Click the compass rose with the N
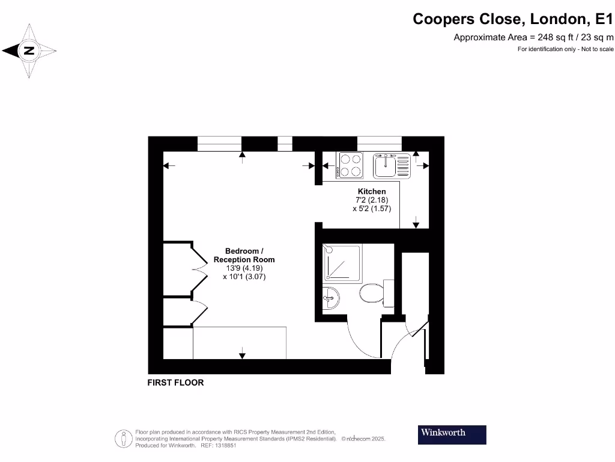pyautogui.click(x=28, y=51)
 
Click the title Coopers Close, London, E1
pyautogui.click(x=513, y=19)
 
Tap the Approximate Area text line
pyautogui.click(x=533, y=37)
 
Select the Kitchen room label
pyautogui.click(x=372, y=191)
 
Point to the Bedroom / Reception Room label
pyautogui.click(x=244, y=255)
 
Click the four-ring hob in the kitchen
pyautogui.click(x=350, y=165)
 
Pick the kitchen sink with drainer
pyautogui.click(x=391, y=165)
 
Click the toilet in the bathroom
pyautogui.click(x=372, y=294)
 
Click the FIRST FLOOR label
pyautogui.click(x=175, y=383)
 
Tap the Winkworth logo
pyautogui.click(x=452, y=434)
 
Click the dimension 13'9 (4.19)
pyautogui.click(x=244, y=268)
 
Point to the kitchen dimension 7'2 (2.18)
pyautogui.click(x=372, y=200)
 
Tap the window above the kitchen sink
pyautogui.click(x=379, y=143)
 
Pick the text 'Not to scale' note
pyautogui.click(x=596, y=49)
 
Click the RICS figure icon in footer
pyautogui.click(x=124, y=439)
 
